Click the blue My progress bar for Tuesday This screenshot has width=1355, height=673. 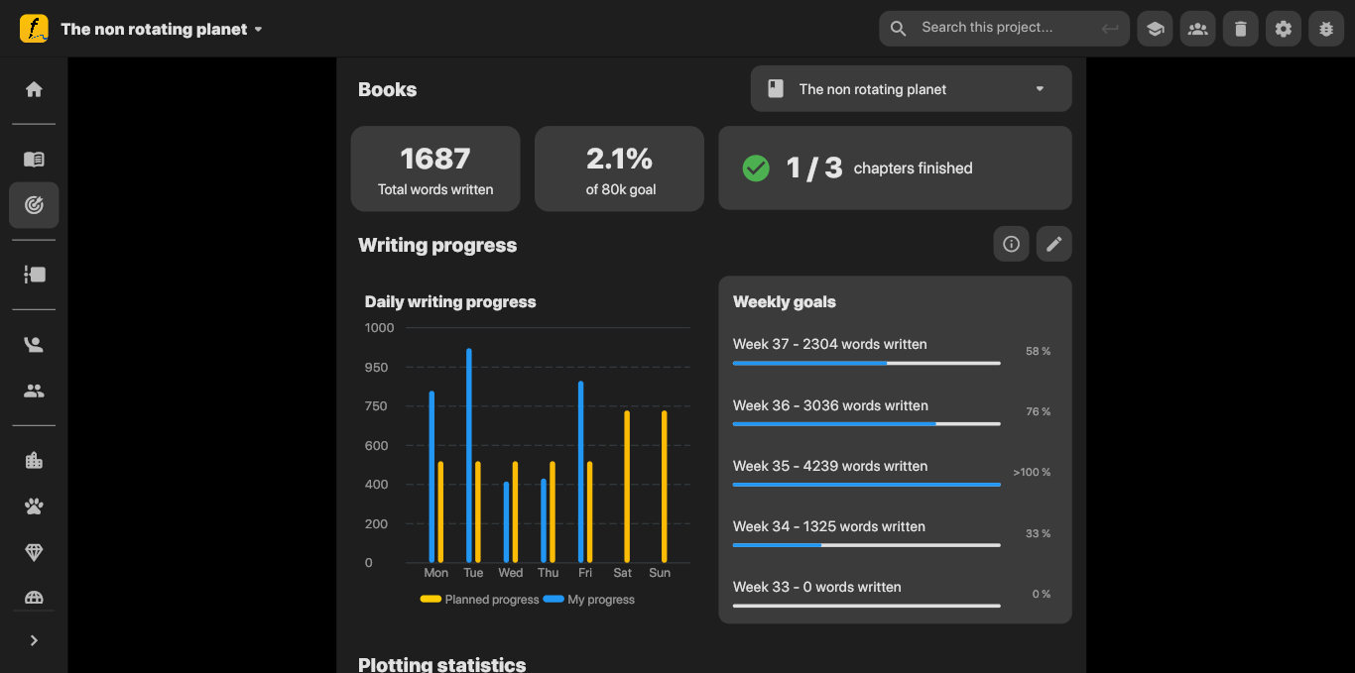click(469, 456)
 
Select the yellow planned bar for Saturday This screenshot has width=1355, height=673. click(627, 487)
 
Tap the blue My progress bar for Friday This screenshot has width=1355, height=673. click(581, 472)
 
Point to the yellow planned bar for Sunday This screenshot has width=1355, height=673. click(665, 487)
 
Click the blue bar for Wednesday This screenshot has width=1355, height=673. click(506, 522)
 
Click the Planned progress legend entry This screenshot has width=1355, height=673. click(480, 600)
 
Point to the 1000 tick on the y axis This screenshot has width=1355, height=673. click(379, 328)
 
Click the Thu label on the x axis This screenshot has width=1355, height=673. click(548, 573)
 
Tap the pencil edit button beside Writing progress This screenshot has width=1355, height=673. click(1053, 244)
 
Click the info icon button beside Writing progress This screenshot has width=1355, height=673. click(1011, 244)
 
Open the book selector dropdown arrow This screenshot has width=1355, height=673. click(1040, 89)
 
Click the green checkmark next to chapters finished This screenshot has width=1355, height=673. click(756, 168)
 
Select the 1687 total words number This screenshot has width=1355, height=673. click(435, 159)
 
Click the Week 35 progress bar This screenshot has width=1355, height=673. click(866, 485)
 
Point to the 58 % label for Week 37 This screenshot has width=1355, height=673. click(1038, 352)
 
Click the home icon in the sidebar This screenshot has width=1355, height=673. click(34, 89)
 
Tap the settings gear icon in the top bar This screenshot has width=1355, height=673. click(1284, 29)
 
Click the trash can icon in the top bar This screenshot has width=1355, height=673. click(1240, 29)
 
